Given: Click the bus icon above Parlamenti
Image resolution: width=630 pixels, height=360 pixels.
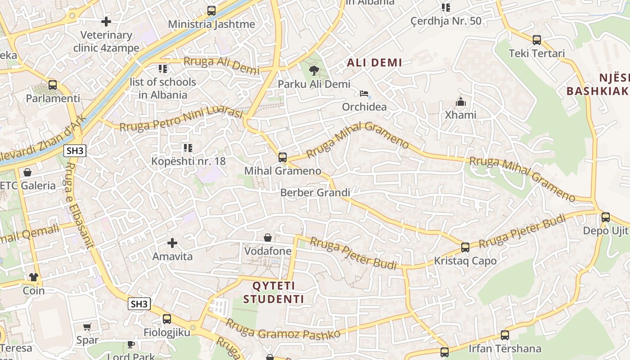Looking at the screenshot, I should click(53, 85).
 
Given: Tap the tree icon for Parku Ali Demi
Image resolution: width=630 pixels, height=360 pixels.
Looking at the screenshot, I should click(314, 70).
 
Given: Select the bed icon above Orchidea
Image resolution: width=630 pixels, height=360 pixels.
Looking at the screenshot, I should click(364, 94).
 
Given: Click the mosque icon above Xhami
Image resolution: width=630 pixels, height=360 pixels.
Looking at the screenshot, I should click(460, 102).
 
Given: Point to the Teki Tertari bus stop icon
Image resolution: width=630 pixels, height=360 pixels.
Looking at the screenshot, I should click(536, 40).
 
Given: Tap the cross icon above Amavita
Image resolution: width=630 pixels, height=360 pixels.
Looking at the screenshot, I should click(172, 243).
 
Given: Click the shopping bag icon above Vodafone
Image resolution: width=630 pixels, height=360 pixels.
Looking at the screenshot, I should click(268, 237).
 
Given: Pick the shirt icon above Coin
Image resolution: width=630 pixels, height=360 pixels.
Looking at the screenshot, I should click(34, 277).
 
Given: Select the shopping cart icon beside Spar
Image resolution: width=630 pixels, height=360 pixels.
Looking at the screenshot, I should click(87, 327).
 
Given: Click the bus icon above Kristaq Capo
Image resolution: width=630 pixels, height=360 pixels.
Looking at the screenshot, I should click(465, 247).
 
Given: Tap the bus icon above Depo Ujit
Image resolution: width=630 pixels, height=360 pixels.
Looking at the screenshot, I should click(606, 217).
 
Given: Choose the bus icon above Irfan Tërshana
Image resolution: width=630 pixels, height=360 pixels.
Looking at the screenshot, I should click(505, 335).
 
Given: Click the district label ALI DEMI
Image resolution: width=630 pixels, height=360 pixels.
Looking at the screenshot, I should click(374, 63).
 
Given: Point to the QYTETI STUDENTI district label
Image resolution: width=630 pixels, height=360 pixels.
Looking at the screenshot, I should click(274, 292).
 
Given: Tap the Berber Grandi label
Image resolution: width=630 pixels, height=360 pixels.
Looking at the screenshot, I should click(315, 193).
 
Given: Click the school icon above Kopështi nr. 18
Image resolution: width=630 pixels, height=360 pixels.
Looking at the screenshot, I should click(188, 148).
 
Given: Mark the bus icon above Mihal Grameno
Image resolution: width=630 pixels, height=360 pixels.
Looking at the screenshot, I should click(283, 157).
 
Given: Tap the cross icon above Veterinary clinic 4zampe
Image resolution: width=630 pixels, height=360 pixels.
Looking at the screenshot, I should click(106, 22).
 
